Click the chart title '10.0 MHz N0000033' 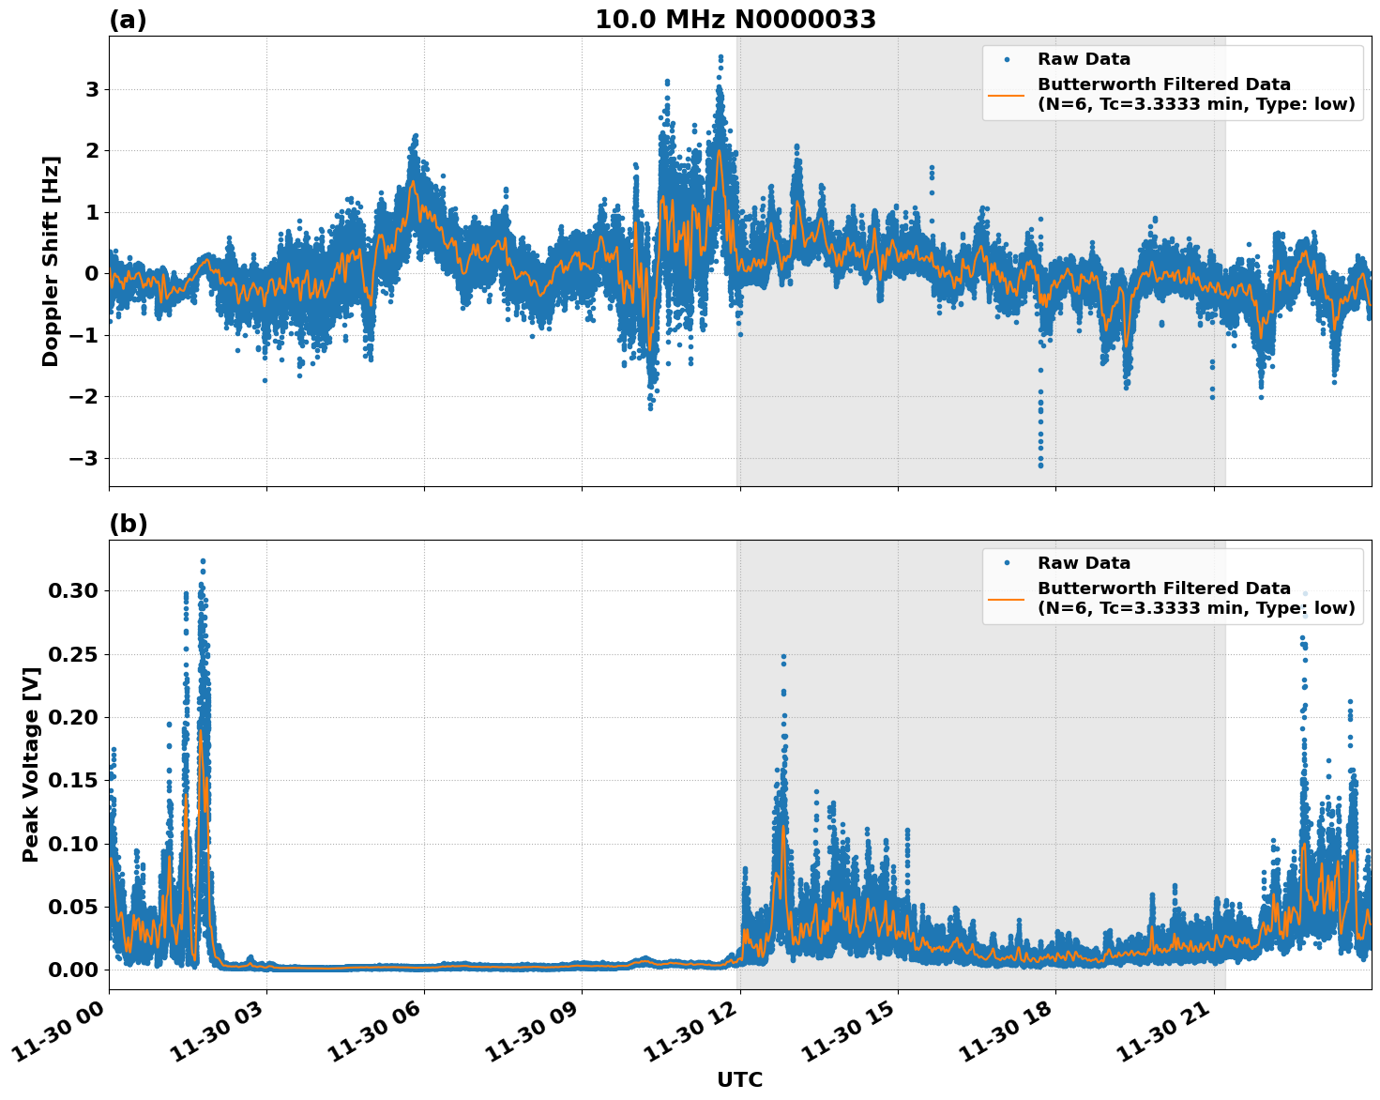pos(735,20)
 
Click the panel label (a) pos(128,20)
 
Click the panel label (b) pos(128,524)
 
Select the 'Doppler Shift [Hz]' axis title pos(51,261)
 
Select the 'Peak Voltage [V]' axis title pos(31,764)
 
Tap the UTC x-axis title pos(739,1079)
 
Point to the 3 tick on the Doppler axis pos(92,89)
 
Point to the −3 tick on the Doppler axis pos(85,458)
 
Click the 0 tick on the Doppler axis pos(92,274)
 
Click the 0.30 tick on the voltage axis pos(72,591)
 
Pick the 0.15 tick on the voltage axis pos(72,781)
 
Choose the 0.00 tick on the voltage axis pos(72,970)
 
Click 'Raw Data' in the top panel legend pos(1084,59)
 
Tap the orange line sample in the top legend pos(1007,94)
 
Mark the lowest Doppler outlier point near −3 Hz pos(1040,466)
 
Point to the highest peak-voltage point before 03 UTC pos(203,561)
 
